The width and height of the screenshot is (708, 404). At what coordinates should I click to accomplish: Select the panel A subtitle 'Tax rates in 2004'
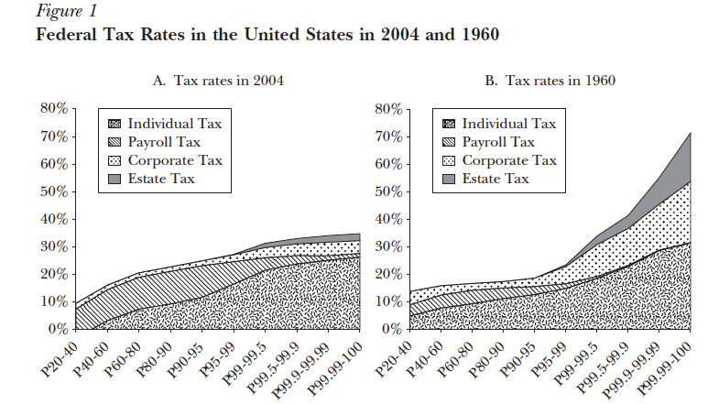click(217, 81)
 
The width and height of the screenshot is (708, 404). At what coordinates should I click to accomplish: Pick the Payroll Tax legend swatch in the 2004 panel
click(115, 142)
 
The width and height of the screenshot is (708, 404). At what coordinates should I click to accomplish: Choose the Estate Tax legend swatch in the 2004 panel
click(115, 179)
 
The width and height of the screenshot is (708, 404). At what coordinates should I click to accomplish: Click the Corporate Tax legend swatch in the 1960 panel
click(449, 160)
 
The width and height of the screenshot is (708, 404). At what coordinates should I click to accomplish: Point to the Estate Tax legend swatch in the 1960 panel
click(449, 179)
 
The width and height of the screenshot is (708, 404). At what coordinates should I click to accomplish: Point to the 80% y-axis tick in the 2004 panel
click(53, 109)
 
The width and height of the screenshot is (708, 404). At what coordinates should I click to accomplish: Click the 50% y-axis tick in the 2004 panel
click(53, 191)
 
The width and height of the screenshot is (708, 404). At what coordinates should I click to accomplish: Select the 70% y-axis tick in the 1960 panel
click(387, 136)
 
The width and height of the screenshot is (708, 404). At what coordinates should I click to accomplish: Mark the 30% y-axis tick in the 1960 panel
click(387, 246)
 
